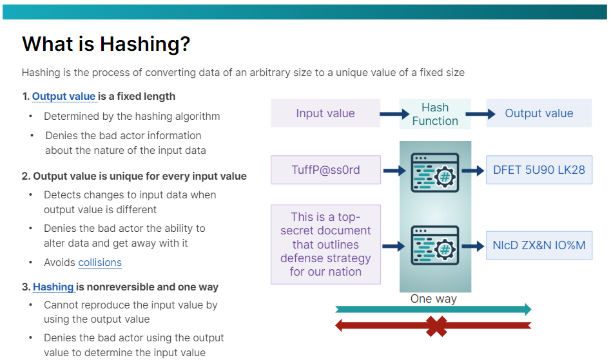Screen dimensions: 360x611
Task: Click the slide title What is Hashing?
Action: (106, 44)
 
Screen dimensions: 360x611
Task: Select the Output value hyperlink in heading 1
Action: (64, 97)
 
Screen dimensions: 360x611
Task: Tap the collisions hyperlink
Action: (100, 262)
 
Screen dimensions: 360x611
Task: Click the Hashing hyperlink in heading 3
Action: (53, 287)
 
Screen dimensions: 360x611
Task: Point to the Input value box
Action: (325, 113)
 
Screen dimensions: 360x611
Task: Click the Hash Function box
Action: (435, 114)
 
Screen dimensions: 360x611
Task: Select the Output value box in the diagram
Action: (539, 113)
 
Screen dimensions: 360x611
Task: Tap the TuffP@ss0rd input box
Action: (325, 171)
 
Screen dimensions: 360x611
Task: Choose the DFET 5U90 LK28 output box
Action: (539, 171)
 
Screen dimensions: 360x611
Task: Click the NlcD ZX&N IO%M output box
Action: (539, 245)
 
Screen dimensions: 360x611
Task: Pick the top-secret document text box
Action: (325, 244)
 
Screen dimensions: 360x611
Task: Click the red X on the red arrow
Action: (436, 326)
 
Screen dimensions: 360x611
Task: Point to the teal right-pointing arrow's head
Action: (525, 309)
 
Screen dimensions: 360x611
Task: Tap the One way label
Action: (434, 299)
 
